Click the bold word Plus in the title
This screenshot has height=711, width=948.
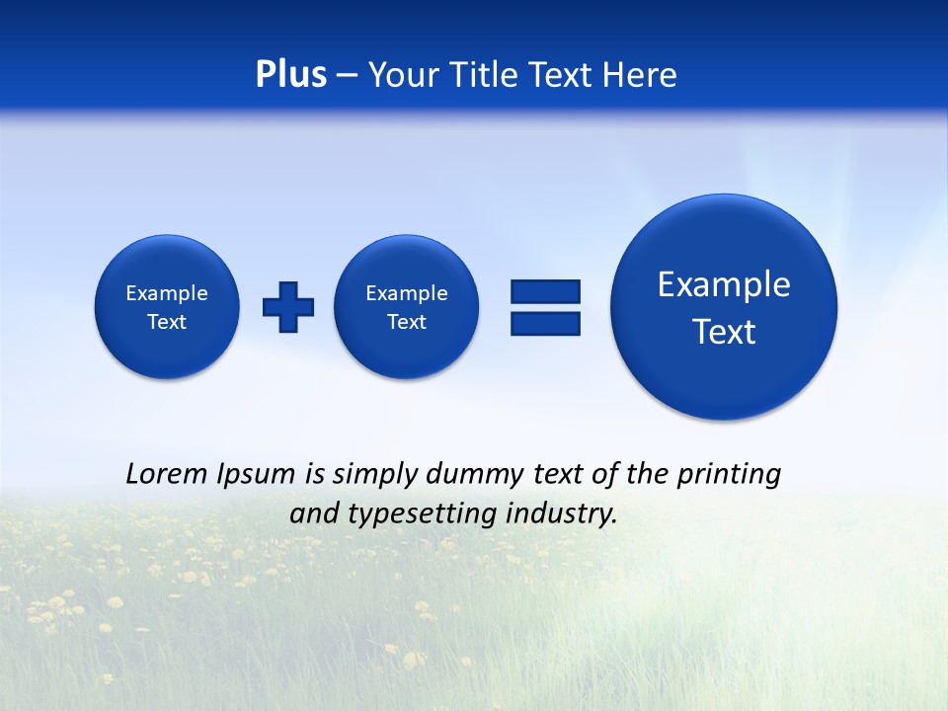click(290, 75)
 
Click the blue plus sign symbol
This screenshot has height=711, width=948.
click(288, 307)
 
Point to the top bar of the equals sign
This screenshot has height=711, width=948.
click(545, 291)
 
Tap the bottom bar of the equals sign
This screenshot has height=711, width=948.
click(545, 323)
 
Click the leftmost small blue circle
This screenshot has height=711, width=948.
click(167, 307)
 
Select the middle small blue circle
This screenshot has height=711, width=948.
click(407, 307)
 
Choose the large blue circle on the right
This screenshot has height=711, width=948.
click(724, 307)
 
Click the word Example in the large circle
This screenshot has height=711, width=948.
click(724, 284)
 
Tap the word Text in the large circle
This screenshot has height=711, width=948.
click(724, 332)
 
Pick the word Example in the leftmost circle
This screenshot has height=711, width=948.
click(167, 293)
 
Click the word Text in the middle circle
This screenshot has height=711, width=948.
click(407, 322)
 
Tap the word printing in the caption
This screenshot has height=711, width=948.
click(732, 475)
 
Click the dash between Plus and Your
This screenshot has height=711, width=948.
click(347, 75)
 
